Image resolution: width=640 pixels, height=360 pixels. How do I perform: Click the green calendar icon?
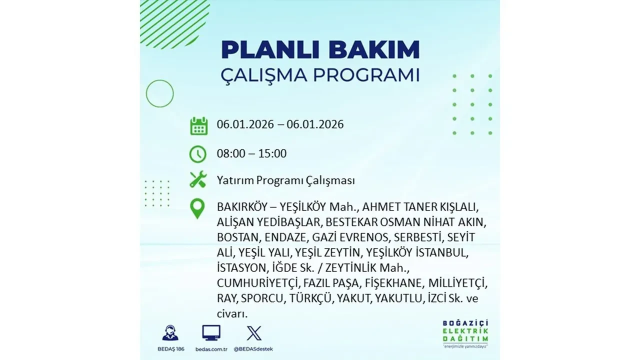(x=198, y=125)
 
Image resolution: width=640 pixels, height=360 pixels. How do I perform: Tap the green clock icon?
(x=198, y=154)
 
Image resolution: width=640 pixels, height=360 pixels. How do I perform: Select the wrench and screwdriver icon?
(x=198, y=179)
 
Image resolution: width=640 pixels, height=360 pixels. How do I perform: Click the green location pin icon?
(x=198, y=208)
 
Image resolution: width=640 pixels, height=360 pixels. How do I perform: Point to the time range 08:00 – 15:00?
(x=251, y=153)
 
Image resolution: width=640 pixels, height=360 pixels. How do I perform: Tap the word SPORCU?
(x=262, y=299)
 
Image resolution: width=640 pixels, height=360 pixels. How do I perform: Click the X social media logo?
(x=254, y=333)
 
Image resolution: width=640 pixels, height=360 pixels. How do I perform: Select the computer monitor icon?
(x=211, y=333)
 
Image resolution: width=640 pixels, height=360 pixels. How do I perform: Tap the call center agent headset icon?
(x=170, y=333)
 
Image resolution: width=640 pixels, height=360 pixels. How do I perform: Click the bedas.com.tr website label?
(x=211, y=348)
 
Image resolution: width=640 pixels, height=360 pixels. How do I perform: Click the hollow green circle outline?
(x=159, y=93)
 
